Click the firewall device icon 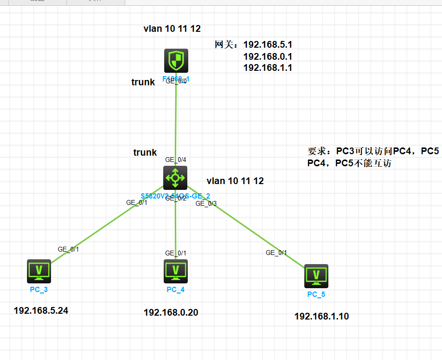(175, 61)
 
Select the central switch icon (175, 178)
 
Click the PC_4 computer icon (176, 271)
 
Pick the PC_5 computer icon (316, 276)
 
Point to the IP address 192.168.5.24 (41, 311)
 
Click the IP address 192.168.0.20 (170, 313)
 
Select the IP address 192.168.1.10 (322, 317)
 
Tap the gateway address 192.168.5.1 (268, 45)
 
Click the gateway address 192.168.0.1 (268, 56)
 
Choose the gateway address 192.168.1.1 (268, 68)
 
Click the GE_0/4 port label (176, 160)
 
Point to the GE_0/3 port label (206, 204)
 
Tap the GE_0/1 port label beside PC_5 (276, 253)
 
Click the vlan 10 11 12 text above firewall (172, 29)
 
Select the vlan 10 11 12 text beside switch (235, 181)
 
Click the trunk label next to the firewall (143, 82)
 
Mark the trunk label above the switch (145, 153)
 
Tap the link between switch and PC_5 (246, 227)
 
